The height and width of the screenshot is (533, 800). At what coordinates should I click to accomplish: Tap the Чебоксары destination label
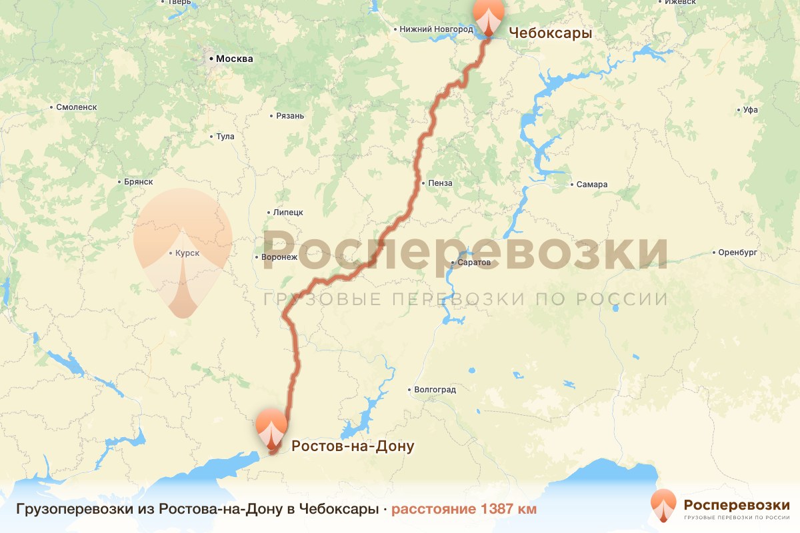550,33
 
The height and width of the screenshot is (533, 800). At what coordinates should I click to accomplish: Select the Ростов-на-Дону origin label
353,446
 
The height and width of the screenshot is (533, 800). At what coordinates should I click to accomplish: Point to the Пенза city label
440,183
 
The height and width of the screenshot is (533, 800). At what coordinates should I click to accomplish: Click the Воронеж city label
279,257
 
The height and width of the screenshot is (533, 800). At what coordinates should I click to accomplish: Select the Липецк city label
288,213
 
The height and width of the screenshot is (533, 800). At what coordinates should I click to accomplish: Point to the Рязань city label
290,116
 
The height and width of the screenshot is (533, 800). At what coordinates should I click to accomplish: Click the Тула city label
225,137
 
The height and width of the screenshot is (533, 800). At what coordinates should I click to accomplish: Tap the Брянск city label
139,181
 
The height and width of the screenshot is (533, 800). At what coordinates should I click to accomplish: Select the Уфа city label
750,110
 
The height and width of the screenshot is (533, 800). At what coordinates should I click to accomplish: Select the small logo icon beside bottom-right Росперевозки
663,506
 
